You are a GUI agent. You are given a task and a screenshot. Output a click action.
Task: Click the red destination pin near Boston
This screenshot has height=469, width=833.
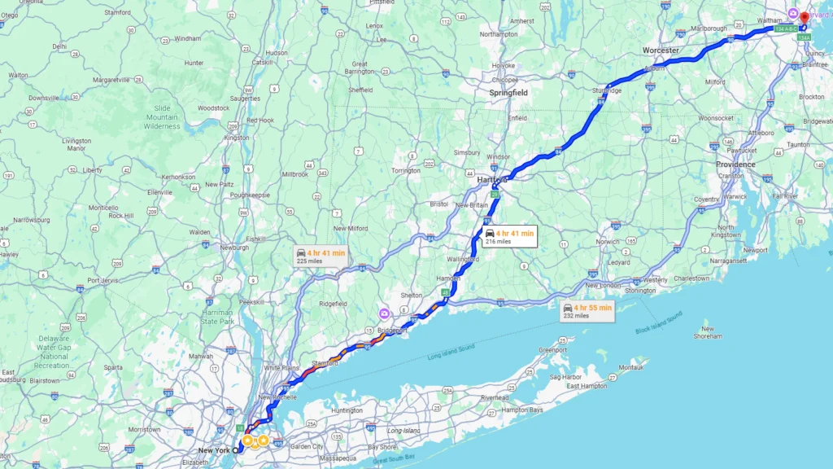click(x=803, y=18)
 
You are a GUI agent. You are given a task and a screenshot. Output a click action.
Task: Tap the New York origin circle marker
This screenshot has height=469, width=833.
click(x=236, y=450)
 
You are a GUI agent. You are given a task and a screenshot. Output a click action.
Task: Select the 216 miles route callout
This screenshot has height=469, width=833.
click(x=509, y=237)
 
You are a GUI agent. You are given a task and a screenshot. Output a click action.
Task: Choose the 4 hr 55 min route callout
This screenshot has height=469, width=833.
click(x=587, y=311)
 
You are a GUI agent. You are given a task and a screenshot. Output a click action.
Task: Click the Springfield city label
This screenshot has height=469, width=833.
click(x=508, y=93)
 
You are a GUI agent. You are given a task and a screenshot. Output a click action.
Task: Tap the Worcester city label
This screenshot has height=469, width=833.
click(x=661, y=50)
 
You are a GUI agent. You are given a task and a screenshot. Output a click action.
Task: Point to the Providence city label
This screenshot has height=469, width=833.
click(x=735, y=164)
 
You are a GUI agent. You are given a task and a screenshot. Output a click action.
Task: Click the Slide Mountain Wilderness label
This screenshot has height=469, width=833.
click(x=161, y=117)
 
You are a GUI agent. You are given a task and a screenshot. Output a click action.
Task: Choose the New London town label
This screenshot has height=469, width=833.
click(x=603, y=285)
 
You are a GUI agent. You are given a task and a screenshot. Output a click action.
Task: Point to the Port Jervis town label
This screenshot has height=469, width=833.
click(x=104, y=280)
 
